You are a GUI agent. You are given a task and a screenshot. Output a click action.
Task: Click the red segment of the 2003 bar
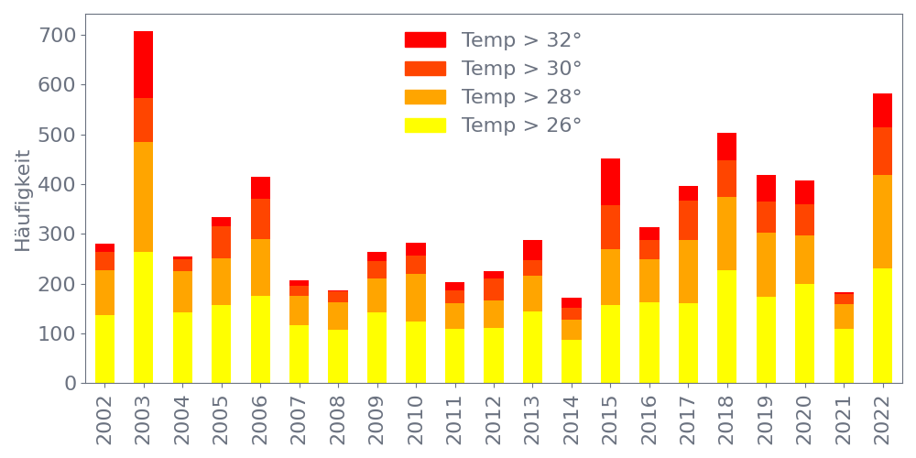pyautogui.click(x=143, y=64)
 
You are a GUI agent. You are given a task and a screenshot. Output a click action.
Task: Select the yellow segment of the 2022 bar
pyautogui.click(x=882, y=325)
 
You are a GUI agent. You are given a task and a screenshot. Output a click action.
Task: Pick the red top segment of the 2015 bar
pyautogui.click(x=610, y=181)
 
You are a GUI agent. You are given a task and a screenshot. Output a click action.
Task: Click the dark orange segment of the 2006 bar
pyautogui.click(x=260, y=219)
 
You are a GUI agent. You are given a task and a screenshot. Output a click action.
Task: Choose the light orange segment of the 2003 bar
pyautogui.click(x=143, y=197)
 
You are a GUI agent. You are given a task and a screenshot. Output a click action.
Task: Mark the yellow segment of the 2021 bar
pyautogui.click(x=844, y=355)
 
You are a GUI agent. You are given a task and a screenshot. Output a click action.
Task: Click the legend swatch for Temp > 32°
pyautogui.click(x=425, y=39)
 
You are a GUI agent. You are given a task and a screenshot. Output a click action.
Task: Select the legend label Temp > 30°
pyautogui.click(x=521, y=69)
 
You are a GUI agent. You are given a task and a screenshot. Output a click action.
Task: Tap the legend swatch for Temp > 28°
pyautogui.click(x=425, y=97)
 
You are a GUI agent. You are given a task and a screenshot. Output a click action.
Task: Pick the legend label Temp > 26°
pyautogui.click(x=521, y=125)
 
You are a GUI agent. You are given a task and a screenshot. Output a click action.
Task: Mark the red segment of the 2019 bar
pyautogui.click(x=766, y=188)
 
